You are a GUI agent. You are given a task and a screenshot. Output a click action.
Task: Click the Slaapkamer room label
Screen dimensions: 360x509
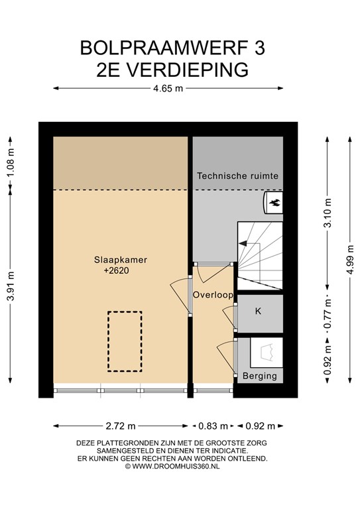point(121,260)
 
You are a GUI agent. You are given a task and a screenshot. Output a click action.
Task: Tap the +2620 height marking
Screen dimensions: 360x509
point(117,270)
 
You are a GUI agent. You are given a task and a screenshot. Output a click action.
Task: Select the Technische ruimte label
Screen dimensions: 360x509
point(237,176)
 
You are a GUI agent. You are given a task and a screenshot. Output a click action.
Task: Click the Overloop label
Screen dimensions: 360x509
point(213,295)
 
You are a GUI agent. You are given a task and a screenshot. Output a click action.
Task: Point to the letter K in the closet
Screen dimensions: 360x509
point(258,311)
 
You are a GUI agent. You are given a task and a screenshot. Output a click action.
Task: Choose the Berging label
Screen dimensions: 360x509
point(260,376)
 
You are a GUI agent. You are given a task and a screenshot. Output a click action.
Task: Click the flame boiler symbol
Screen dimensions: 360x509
point(274,203)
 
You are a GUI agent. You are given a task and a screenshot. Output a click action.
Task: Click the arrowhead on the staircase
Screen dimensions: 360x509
point(242,243)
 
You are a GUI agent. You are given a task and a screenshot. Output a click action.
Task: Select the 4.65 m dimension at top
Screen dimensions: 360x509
point(168,88)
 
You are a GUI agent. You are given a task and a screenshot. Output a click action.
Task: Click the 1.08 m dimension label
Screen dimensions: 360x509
point(11,162)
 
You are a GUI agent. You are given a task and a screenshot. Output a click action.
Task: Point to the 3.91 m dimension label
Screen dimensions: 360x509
point(11,286)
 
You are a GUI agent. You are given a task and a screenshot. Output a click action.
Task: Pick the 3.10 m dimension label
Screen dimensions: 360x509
point(328,213)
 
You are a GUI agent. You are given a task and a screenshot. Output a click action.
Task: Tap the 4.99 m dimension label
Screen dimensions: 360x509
point(350,260)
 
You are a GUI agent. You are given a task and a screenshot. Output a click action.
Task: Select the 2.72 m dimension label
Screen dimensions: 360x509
point(121,426)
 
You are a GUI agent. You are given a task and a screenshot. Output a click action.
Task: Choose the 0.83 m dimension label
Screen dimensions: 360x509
point(213,426)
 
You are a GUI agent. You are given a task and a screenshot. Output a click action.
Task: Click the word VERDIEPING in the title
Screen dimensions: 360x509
point(187,70)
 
